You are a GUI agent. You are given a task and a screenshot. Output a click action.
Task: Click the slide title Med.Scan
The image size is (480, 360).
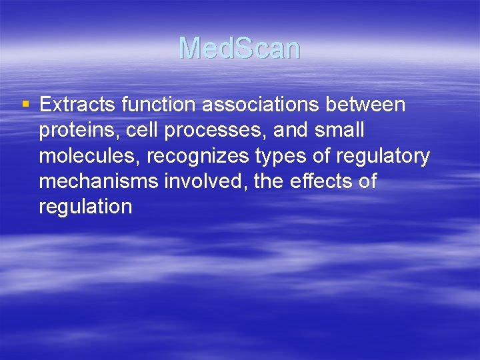[x=239, y=48]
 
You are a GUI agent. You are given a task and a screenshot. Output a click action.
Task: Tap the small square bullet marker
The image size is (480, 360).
[x=26, y=104]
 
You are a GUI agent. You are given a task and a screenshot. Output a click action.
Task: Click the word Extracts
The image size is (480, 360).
[x=75, y=105]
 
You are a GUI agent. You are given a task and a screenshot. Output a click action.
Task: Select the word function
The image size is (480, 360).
[x=156, y=105]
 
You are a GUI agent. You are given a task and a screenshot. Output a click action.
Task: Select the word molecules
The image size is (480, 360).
[x=89, y=156]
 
